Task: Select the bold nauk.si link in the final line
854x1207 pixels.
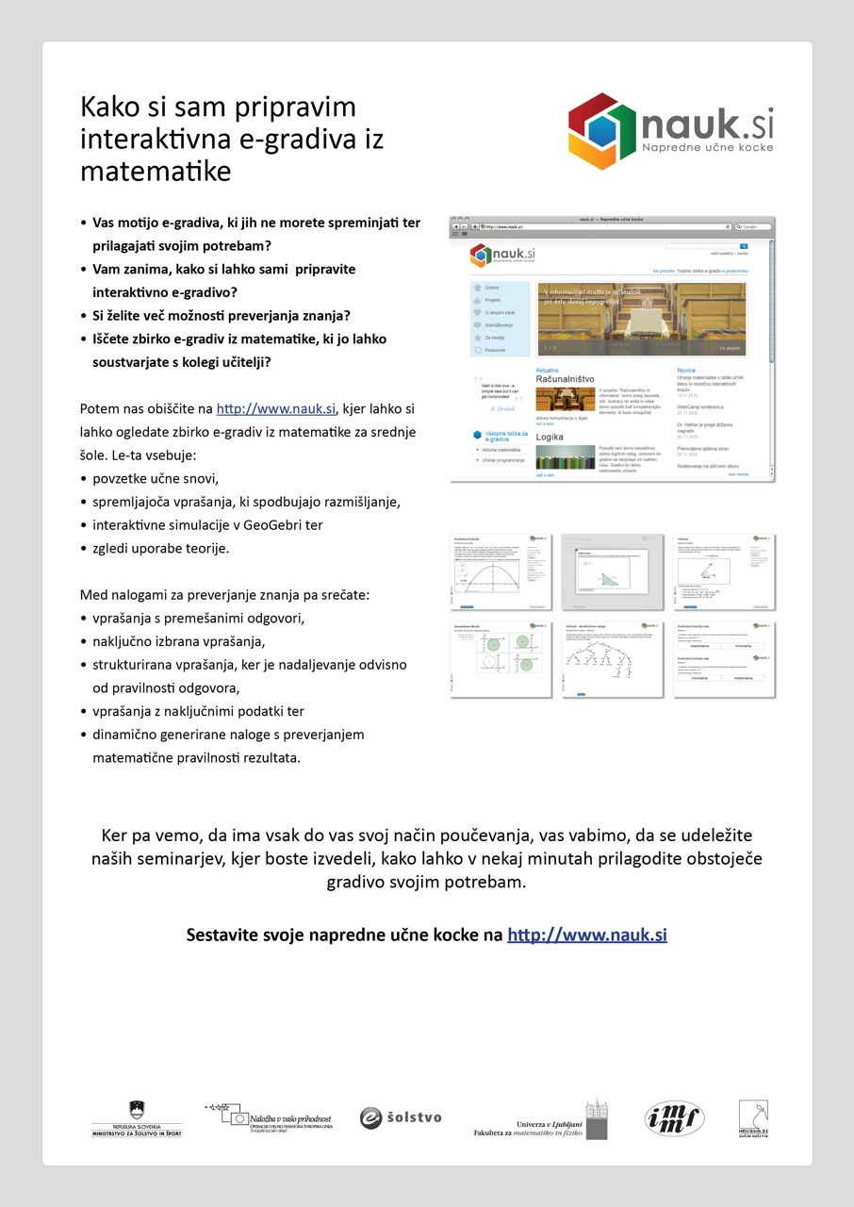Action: coord(586,934)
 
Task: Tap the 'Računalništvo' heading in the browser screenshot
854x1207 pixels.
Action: coord(565,379)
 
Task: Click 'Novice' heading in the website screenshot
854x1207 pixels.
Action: coord(686,371)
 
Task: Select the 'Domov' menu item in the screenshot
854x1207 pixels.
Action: coord(493,287)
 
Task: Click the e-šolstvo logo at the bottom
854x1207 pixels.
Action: coord(401,1117)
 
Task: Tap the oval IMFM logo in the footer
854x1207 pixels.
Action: coord(674,1118)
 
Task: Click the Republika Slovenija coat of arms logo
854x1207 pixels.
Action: coord(137,1110)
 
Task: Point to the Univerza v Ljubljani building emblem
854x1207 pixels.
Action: coord(596,1117)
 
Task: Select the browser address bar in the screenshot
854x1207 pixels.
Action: coord(603,227)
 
